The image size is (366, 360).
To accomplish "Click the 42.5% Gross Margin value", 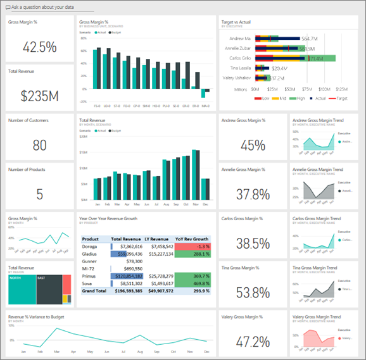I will click(x=39, y=47).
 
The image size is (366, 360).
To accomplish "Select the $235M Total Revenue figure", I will click(x=39, y=96).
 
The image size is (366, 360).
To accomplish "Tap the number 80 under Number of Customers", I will click(x=39, y=146).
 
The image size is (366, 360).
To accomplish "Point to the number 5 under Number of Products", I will click(x=39, y=194).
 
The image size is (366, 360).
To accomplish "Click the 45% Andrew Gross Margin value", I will click(x=253, y=146).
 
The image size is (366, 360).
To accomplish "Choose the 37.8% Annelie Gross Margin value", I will click(x=253, y=194).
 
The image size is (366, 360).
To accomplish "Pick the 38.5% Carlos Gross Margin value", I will click(x=253, y=244).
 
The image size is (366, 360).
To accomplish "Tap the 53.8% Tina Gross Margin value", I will click(x=253, y=292).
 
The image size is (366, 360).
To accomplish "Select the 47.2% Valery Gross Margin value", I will click(x=253, y=342).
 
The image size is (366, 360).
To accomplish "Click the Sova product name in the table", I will click(x=89, y=283).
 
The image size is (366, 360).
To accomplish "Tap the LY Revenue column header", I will click(x=159, y=239).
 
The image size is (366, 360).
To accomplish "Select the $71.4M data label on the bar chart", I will click(x=315, y=58).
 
